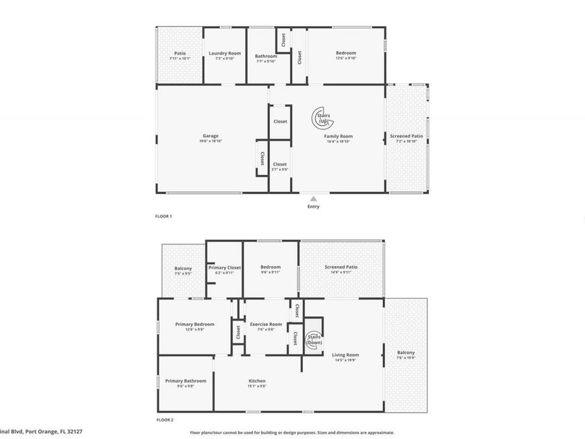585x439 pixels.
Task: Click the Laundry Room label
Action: coord(224,53)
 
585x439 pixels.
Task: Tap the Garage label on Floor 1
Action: coord(210,136)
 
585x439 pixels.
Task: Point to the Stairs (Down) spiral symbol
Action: coord(313,338)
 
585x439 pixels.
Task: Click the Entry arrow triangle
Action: coord(313,199)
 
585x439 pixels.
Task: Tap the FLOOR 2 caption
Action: coord(165,420)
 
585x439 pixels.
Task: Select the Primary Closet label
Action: coord(225,267)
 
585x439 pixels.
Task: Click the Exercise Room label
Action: coord(266,324)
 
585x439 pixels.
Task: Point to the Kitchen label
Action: coord(257,381)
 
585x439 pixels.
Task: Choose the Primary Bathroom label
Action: coord(185,381)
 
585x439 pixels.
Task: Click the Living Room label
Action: coord(345,355)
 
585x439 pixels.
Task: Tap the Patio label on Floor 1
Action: coord(180,53)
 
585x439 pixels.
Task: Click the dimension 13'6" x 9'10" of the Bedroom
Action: coord(346,59)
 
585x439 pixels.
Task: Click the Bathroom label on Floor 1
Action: coord(266,56)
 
